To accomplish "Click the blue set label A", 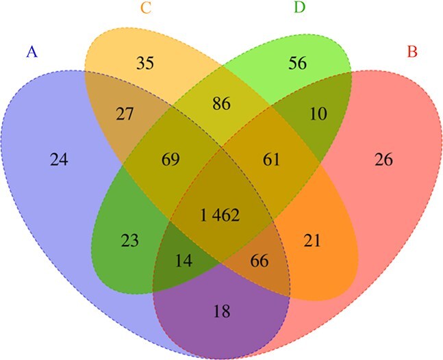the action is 31,51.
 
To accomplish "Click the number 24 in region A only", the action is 60,161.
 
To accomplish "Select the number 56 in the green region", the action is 297,63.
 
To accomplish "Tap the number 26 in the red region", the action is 384,161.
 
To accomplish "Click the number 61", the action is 271,160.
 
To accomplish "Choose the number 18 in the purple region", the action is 220,311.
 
